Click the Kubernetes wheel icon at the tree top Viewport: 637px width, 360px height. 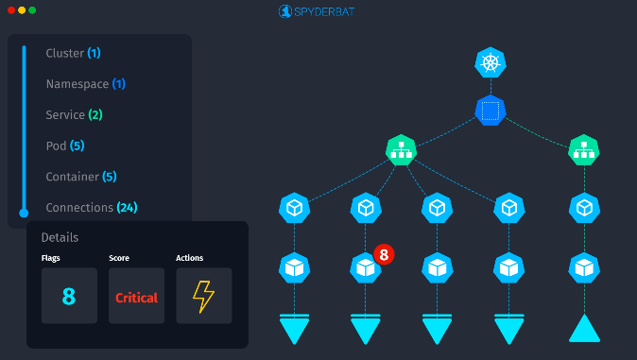click(x=490, y=63)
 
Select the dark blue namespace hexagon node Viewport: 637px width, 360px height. click(x=490, y=111)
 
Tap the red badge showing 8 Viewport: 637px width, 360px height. click(x=383, y=254)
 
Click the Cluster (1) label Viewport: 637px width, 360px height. click(x=73, y=53)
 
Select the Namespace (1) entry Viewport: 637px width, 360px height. click(x=85, y=84)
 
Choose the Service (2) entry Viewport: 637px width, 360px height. click(x=74, y=115)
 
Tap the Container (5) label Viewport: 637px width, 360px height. click(x=80, y=177)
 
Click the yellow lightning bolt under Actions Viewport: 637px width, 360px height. click(x=203, y=297)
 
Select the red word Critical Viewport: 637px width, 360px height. click(x=136, y=298)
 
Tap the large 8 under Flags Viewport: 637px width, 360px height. click(x=69, y=297)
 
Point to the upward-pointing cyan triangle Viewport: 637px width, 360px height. click(x=584, y=328)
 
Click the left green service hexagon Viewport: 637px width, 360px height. click(x=402, y=149)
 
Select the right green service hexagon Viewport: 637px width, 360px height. click(x=584, y=149)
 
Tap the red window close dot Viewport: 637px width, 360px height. click(x=9, y=10)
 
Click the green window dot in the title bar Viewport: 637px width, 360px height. click(x=32, y=10)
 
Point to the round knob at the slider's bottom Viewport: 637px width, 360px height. click(x=24, y=213)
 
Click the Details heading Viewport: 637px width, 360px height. click(x=60, y=237)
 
